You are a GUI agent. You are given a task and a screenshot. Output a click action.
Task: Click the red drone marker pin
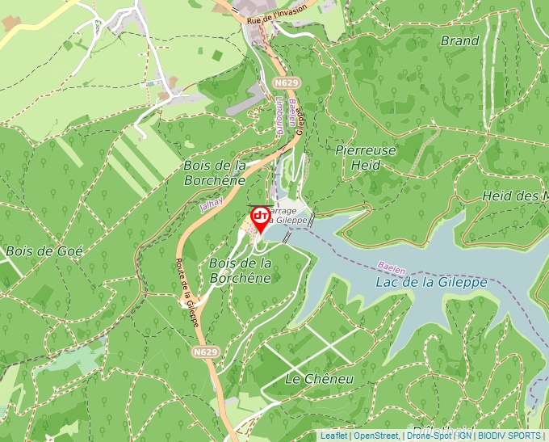(x=261, y=219)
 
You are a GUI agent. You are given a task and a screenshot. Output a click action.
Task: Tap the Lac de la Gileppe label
(x=431, y=282)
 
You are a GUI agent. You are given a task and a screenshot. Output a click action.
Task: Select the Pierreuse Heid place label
(x=367, y=158)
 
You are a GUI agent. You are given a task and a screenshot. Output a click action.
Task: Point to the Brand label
(x=459, y=40)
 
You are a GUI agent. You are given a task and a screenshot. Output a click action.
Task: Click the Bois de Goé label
(x=44, y=250)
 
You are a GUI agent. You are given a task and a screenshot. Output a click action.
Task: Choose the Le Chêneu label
(x=320, y=378)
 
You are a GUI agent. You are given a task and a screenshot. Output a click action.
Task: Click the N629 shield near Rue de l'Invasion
(x=287, y=82)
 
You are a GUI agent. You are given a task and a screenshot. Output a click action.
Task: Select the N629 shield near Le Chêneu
(x=206, y=352)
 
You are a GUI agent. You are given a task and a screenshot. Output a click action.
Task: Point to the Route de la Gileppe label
(x=188, y=292)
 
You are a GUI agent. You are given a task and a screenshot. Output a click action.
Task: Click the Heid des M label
(x=515, y=196)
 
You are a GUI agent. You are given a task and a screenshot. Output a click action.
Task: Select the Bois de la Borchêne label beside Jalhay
(x=215, y=173)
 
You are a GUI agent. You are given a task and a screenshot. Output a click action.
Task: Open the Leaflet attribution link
(x=333, y=436)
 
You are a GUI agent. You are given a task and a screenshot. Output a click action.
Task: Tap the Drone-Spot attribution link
(x=429, y=436)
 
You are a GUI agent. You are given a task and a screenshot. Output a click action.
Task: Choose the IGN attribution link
(x=464, y=436)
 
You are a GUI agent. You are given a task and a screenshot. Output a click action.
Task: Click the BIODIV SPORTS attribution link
(x=509, y=436)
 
